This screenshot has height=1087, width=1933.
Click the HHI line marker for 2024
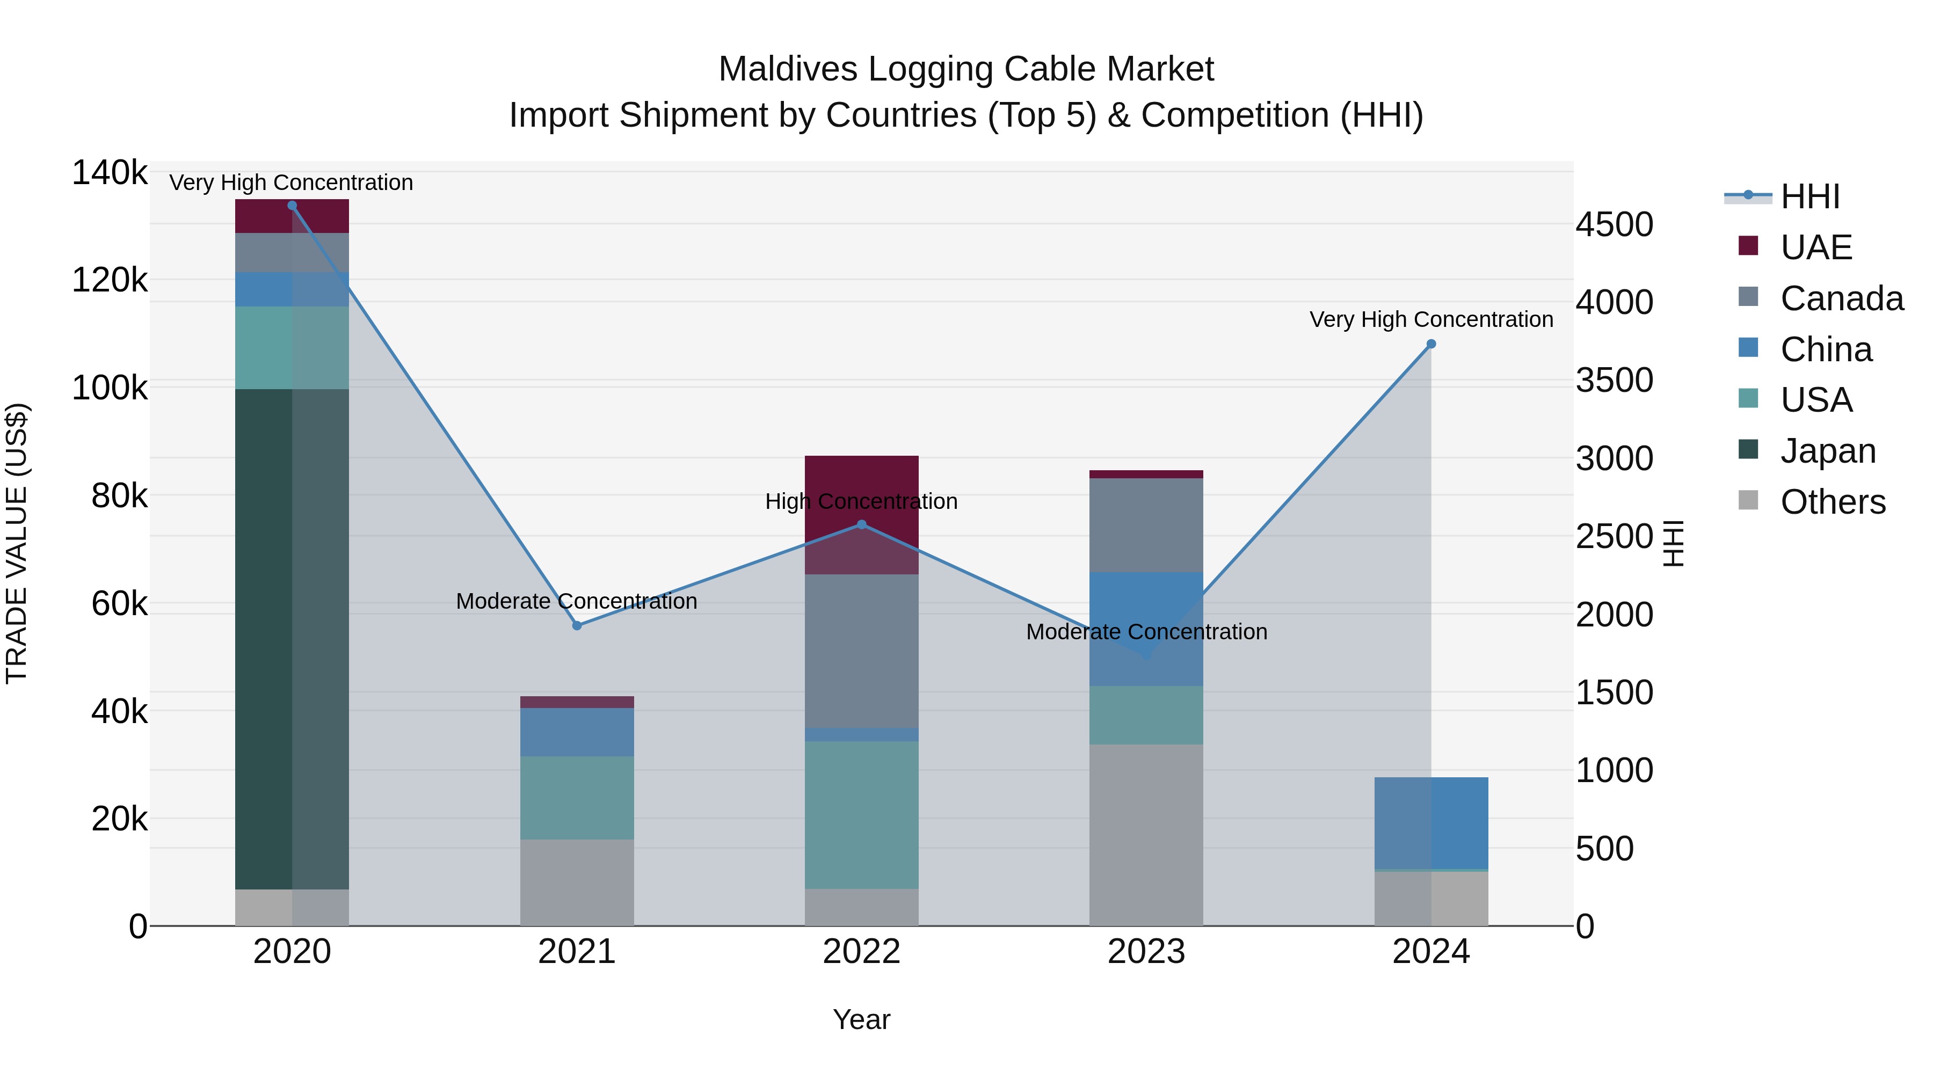(1431, 344)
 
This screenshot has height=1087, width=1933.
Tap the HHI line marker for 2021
(577, 626)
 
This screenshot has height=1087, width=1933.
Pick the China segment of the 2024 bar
(1431, 823)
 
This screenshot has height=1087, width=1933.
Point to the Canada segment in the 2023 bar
(1146, 525)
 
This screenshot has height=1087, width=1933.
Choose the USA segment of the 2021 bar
(577, 798)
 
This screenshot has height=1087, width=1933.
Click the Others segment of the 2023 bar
(1146, 834)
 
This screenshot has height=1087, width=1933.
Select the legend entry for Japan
(1827, 451)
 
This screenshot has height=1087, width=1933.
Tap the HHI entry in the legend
(1809, 196)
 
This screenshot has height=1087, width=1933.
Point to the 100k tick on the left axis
(110, 388)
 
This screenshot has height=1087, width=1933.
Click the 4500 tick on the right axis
(1614, 224)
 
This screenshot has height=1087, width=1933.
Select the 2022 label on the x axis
(861, 952)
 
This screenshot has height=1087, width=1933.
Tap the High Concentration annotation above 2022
(861, 501)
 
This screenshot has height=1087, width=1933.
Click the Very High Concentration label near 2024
(1431, 319)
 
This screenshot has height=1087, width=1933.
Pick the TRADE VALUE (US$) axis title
(17, 543)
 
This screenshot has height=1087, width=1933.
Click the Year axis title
(861, 1019)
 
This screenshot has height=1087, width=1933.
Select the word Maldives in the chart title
(788, 69)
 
